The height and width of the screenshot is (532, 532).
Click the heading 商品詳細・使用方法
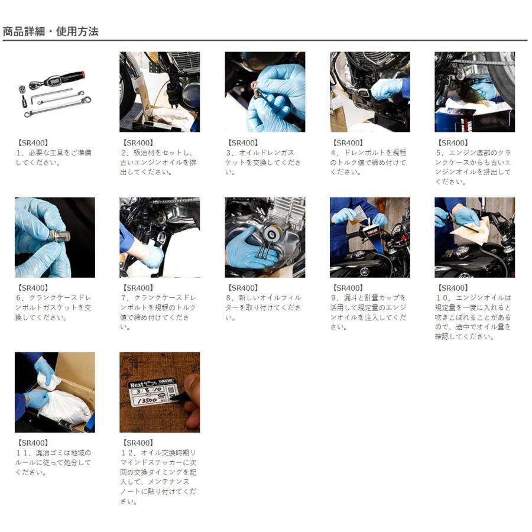click(51, 31)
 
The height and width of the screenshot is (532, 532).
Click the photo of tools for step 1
click(54, 92)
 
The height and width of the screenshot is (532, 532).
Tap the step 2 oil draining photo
click(160, 92)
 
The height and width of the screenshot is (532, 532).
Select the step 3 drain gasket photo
click(265, 92)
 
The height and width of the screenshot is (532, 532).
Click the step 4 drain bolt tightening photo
click(369, 92)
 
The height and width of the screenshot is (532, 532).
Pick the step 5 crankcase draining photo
click(475, 92)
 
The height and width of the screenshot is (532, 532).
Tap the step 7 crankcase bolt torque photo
click(160, 238)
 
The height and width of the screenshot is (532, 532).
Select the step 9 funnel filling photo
click(369, 238)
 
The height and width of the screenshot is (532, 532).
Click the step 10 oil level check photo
click(475, 238)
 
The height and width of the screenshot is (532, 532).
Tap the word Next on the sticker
click(137, 384)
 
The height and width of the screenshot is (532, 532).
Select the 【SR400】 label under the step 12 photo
click(138, 443)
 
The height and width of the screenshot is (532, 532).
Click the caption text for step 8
click(263, 307)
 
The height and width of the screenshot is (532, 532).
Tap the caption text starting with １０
click(473, 317)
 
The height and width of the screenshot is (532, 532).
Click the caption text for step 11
click(53, 462)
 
